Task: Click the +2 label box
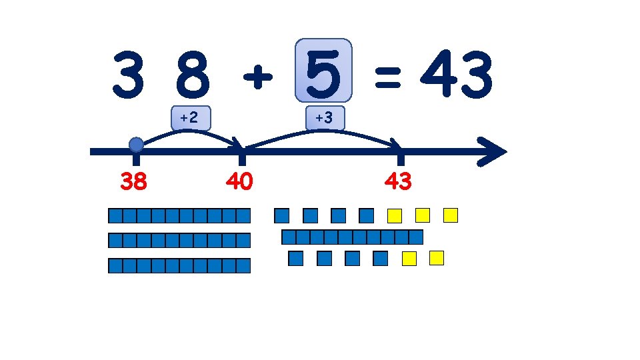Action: coord(190,117)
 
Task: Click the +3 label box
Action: coord(324,117)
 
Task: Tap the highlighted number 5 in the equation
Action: coord(323,73)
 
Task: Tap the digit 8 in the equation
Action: coord(193,75)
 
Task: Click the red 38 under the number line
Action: coord(134,181)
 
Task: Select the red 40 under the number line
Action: coord(239,181)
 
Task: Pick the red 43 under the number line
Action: coord(398,181)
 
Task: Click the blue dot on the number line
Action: coord(136,145)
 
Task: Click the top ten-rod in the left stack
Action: coord(179,215)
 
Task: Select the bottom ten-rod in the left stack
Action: coord(179,265)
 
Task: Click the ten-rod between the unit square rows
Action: coord(353,237)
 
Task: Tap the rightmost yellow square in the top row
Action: coord(451,215)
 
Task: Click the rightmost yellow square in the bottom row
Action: coord(437,257)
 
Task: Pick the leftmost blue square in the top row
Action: coord(282,215)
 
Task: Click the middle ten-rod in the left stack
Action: coord(179,240)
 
